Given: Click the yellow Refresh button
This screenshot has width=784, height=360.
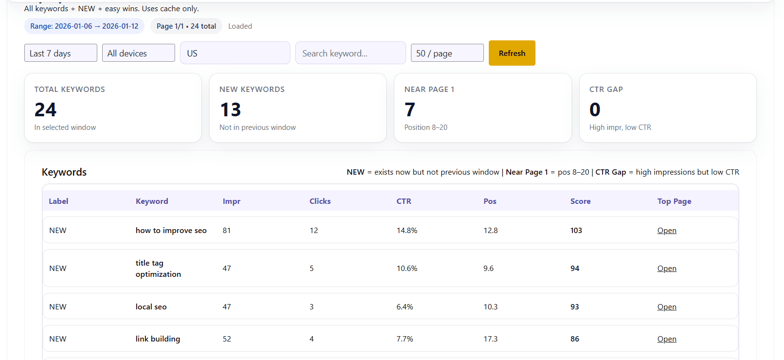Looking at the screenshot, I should point(512,53).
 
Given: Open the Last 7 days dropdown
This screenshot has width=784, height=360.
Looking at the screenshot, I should point(60,53).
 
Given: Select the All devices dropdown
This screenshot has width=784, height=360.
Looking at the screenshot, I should point(138,53).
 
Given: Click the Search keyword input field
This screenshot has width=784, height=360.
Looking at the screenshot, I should point(350,53).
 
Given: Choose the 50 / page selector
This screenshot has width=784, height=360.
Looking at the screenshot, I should point(447,53).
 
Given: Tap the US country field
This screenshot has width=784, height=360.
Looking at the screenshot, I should point(235,53).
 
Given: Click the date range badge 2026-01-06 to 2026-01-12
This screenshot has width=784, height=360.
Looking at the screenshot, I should point(84,26).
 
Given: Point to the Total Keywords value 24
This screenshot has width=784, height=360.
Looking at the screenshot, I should point(45,110).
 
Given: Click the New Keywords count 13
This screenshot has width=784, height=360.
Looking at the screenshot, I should point(231,110).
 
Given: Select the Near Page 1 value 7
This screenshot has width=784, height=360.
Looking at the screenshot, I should point(410,110).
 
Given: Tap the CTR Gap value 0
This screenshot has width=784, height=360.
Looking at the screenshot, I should point(595,110).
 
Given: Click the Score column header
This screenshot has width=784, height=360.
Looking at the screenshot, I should point(580,201).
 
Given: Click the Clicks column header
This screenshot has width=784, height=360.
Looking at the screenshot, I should point(320,201).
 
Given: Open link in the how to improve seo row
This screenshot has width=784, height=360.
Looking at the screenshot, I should point(666,231).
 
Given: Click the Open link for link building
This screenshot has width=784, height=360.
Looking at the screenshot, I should point(666,339).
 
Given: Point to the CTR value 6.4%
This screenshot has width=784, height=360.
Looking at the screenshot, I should point(405,307).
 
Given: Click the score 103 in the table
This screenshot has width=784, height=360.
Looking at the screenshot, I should point(576,231).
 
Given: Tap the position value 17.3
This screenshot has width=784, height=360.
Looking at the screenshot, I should point(490,339).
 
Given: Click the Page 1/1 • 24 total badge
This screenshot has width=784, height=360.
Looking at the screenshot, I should point(186,26).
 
